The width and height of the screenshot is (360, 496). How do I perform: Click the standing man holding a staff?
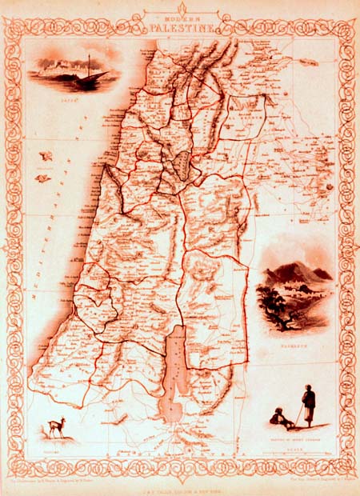[x=308, y=406]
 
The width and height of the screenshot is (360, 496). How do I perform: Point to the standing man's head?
[x=309, y=390]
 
